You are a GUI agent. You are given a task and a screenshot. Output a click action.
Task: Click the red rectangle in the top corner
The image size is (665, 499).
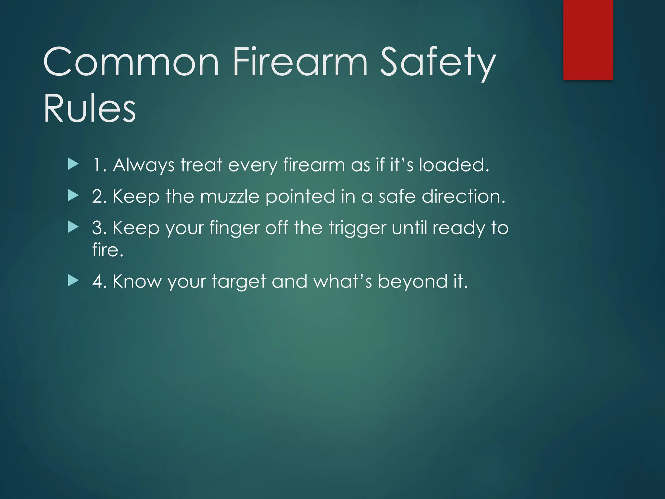pyautogui.click(x=588, y=40)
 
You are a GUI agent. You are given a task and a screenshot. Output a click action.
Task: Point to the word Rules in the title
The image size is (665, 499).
pyautogui.click(x=90, y=108)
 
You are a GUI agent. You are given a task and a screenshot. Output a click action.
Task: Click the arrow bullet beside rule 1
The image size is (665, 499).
pyautogui.click(x=73, y=165)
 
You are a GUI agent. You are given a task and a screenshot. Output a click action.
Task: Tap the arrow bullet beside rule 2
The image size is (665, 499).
pyautogui.click(x=73, y=196)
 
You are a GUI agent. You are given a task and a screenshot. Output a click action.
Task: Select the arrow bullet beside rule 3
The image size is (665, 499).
pyautogui.click(x=73, y=227)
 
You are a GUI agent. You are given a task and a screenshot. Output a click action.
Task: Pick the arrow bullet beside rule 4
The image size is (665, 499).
pyautogui.click(x=73, y=281)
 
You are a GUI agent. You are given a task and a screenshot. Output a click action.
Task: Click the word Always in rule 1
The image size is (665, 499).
pyautogui.click(x=144, y=165)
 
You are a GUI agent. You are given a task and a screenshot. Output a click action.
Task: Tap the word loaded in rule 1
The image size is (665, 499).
pyautogui.click(x=453, y=165)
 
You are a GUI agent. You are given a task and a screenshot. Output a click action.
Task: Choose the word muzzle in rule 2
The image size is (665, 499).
pyautogui.click(x=230, y=197)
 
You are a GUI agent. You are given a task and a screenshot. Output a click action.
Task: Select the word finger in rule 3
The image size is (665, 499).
pyautogui.click(x=234, y=228)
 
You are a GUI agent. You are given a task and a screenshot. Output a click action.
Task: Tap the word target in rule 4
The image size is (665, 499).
pyautogui.click(x=239, y=282)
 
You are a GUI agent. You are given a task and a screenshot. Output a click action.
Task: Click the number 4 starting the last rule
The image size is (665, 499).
pyautogui.click(x=98, y=281)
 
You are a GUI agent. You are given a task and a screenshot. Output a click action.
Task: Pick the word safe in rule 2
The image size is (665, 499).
pyautogui.click(x=397, y=196)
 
